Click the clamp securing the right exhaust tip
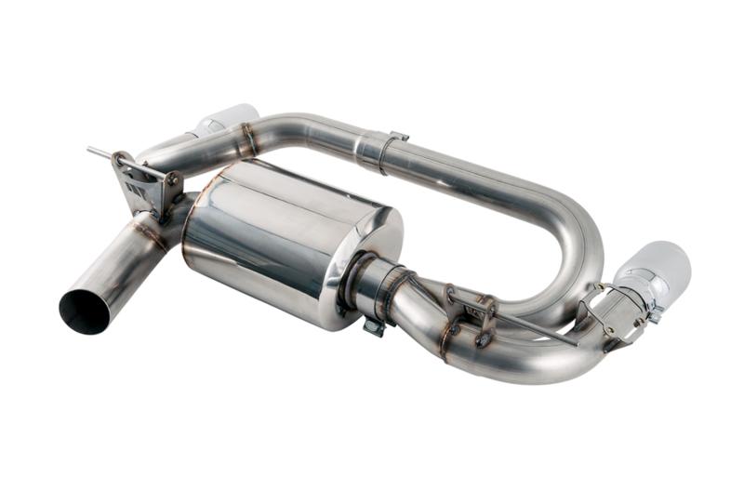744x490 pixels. click(x=618, y=311)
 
